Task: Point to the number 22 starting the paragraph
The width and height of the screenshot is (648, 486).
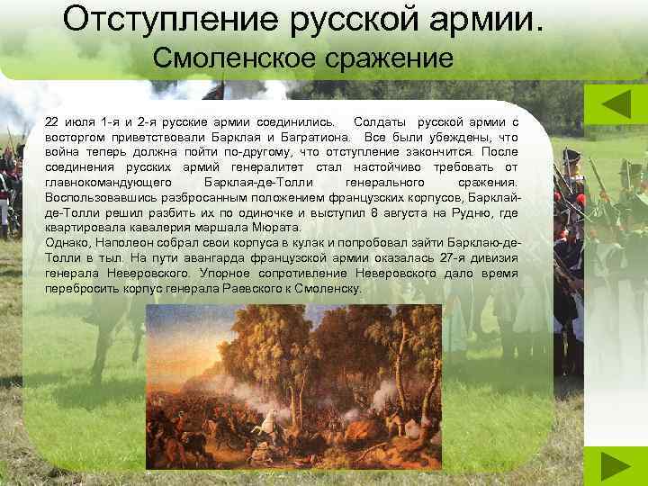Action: pos(51,121)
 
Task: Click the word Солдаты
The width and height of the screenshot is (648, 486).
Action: pos(380,121)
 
